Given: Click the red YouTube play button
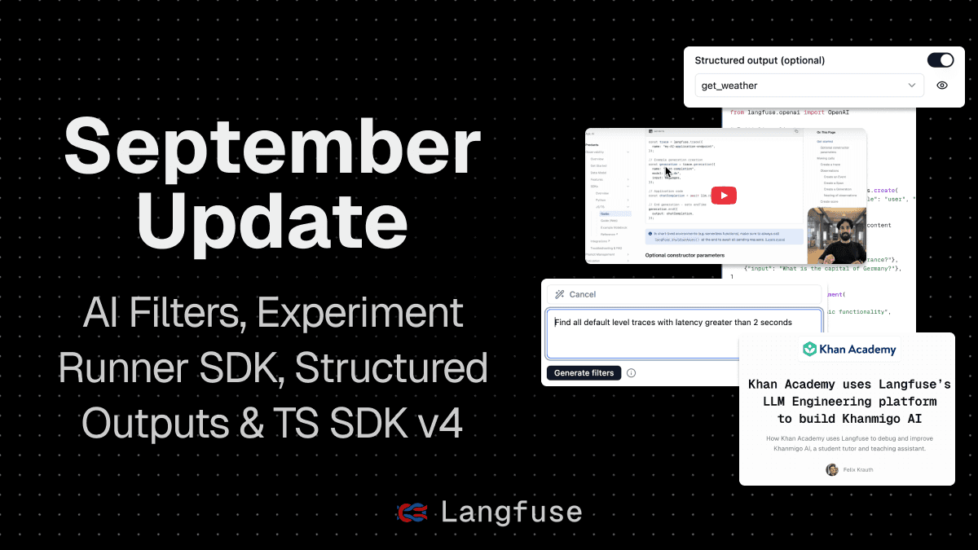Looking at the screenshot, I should [x=724, y=195].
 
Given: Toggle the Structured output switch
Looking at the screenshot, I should [x=941, y=60].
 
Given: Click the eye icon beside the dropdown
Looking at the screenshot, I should [x=942, y=85].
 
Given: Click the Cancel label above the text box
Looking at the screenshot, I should [x=583, y=294].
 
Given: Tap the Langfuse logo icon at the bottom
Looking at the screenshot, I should [x=412, y=512].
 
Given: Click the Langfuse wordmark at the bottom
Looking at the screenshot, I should [x=511, y=512].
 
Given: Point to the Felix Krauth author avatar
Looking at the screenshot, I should [x=831, y=469].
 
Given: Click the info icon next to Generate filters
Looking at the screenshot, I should [x=631, y=373].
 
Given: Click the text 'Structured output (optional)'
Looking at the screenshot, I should [x=760, y=60].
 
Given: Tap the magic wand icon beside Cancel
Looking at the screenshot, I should [x=559, y=294].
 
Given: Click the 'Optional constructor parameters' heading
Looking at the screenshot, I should [x=685, y=255].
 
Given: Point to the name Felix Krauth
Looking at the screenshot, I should [x=857, y=469].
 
